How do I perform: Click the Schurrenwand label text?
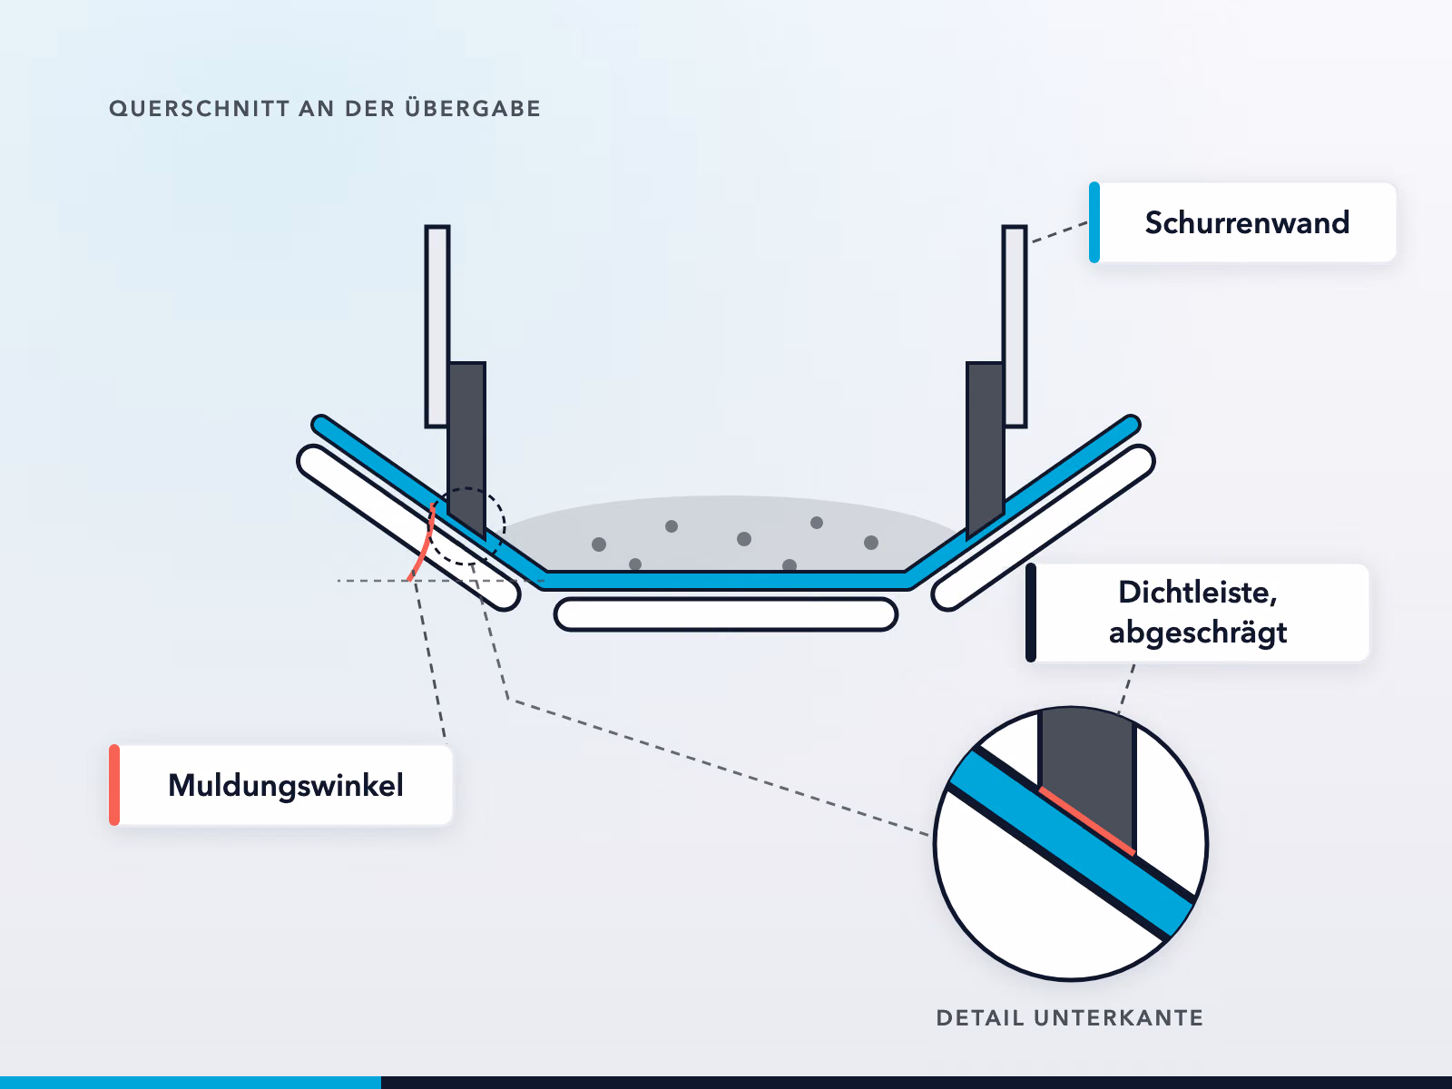1247,223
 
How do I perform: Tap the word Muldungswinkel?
286,786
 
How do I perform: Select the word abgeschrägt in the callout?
1198,633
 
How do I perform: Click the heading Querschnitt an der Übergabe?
325,108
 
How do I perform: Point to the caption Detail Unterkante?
1070,1017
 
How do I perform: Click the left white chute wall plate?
437,327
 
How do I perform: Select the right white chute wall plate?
1015,327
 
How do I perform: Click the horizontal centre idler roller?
726,614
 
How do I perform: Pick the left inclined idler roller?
408,527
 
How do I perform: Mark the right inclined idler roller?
1044,527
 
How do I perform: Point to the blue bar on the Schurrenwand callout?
1094,222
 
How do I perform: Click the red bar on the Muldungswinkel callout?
114,785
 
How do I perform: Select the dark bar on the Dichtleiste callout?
1031,613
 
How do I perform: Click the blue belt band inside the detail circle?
1072,844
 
